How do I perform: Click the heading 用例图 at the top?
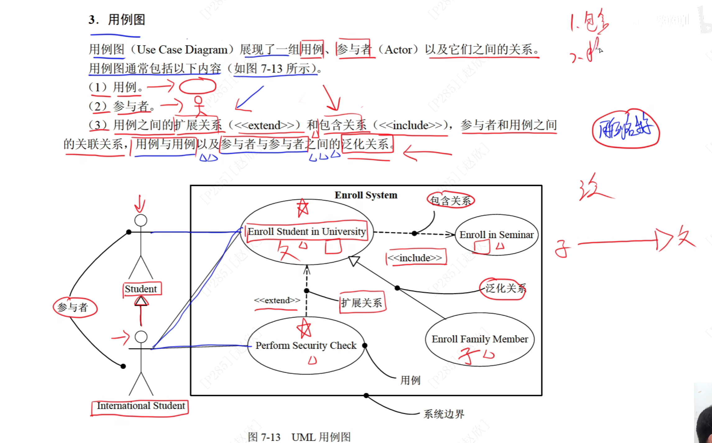126,20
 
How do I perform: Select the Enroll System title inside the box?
366,195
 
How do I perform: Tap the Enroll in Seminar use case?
496,235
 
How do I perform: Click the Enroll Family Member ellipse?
480,339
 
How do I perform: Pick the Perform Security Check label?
306,345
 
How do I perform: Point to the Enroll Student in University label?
306,231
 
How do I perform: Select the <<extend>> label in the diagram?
277,300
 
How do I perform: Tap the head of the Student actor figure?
140,220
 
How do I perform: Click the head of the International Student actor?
141,337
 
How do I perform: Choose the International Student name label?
140,406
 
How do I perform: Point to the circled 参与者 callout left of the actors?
73,307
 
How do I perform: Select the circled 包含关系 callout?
450,201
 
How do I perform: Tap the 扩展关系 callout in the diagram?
361,303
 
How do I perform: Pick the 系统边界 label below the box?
443,414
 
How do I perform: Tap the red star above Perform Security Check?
304,329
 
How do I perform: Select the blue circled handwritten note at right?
625,129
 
